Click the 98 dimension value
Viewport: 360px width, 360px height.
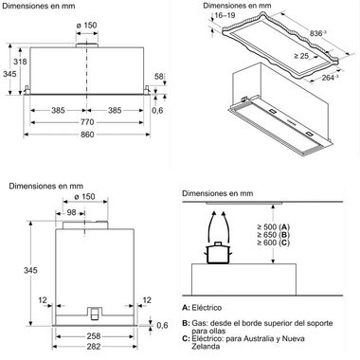click(72, 212)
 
